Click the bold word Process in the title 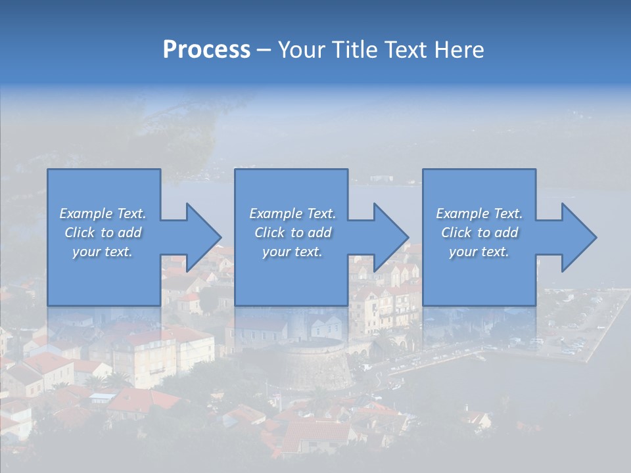[206, 50]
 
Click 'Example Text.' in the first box [103, 214]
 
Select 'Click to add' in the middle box [292, 233]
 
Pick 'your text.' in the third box [479, 252]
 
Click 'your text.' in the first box [103, 252]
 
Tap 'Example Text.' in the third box [479, 214]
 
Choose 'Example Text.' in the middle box [292, 214]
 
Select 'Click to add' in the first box [103, 233]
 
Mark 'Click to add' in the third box [479, 233]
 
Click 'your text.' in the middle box [292, 252]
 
